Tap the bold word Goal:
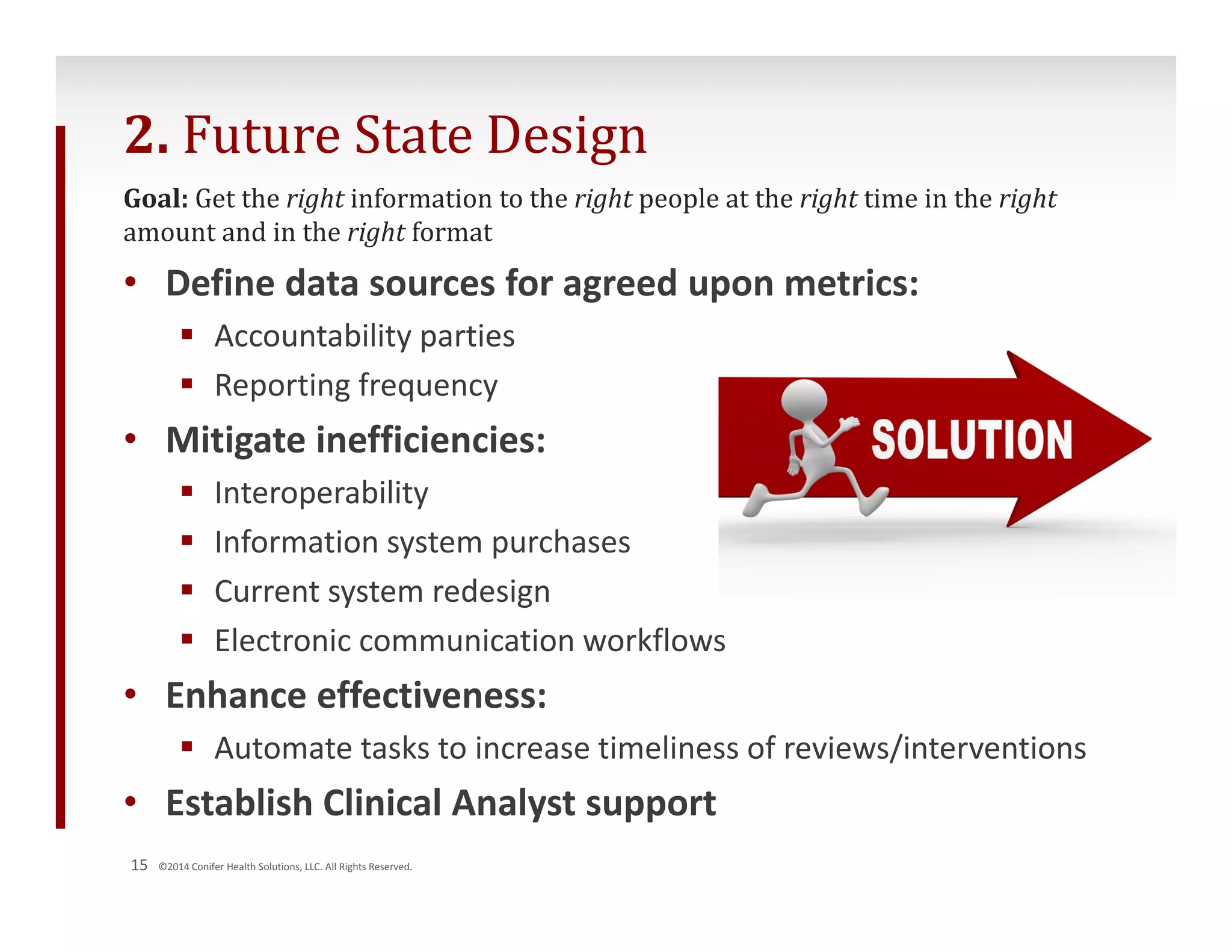click(x=156, y=199)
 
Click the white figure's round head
click(x=804, y=398)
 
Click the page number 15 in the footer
click(x=139, y=865)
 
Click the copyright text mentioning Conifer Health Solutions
click(x=285, y=867)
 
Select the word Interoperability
click(x=321, y=493)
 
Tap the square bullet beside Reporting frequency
click(x=187, y=383)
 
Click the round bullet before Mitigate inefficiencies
click(x=131, y=439)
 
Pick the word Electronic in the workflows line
click(x=283, y=640)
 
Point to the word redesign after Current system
click(x=491, y=592)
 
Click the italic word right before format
click(x=376, y=233)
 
